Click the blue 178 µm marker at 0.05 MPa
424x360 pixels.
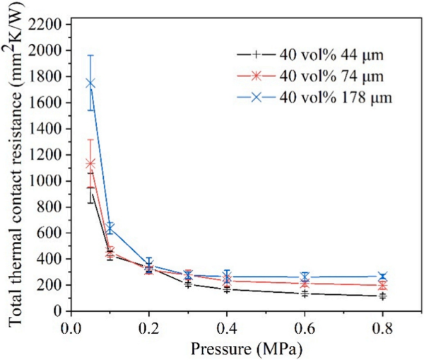(90, 83)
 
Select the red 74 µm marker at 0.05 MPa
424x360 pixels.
(90, 164)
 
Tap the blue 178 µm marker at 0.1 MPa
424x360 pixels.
(110, 228)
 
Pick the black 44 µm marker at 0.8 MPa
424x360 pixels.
(382, 296)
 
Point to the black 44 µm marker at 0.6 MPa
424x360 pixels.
(305, 294)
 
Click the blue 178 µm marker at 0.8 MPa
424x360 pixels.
(382, 277)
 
